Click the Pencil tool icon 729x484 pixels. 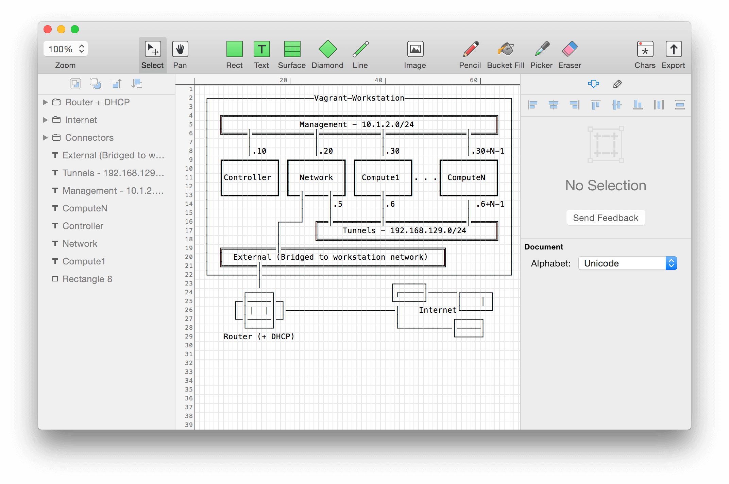point(471,50)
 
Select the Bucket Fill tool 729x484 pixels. point(506,50)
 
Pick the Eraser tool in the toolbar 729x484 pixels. point(570,50)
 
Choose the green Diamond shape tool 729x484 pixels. point(327,50)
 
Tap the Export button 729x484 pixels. point(673,50)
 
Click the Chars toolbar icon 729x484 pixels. point(645,50)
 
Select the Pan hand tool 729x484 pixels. point(180,50)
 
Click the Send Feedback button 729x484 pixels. point(606,218)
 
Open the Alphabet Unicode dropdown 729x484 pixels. point(627,263)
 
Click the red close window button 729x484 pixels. point(48,29)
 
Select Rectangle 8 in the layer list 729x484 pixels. point(87,279)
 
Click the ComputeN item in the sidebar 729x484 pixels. point(85,208)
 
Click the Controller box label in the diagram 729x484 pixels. point(248,177)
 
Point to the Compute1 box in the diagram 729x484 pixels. point(380,177)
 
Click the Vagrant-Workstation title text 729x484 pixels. point(359,98)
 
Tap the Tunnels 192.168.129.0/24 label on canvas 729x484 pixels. point(404,230)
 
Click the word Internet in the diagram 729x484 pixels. point(438,310)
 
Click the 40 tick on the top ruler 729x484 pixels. point(379,80)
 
